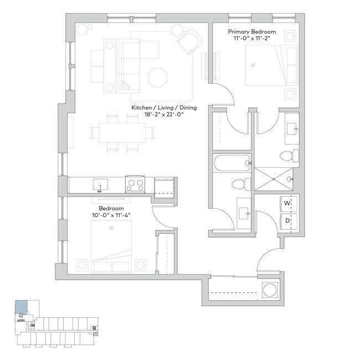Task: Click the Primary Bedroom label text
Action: [252, 32]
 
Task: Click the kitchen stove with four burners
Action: [135, 183]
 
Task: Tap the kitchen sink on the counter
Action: [100, 184]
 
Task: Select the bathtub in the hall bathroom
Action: [231, 163]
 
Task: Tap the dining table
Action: [122, 132]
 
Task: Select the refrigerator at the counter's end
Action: [165, 185]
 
